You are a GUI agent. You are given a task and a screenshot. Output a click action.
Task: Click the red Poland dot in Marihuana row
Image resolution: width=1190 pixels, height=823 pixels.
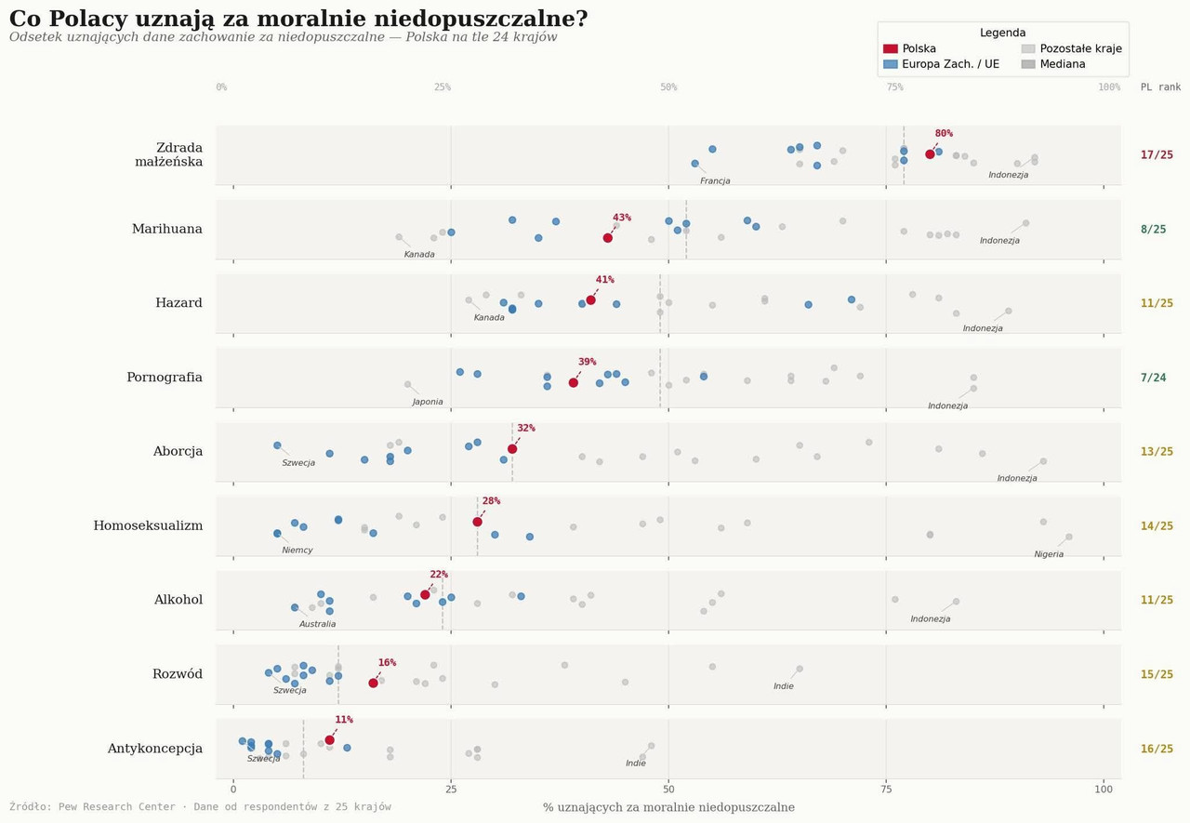(608, 237)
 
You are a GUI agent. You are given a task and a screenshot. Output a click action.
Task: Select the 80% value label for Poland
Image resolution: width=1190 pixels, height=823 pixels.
(944, 134)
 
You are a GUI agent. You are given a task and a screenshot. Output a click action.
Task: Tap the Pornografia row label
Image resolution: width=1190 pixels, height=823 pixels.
(165, 378)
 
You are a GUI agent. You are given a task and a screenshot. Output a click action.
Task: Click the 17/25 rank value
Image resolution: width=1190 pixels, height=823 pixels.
(1157, 155)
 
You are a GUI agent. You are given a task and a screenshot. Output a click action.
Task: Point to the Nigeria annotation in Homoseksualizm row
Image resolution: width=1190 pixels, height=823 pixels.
(1049, 554)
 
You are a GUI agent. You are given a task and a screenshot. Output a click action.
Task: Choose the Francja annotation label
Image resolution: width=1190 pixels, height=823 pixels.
(715, 181)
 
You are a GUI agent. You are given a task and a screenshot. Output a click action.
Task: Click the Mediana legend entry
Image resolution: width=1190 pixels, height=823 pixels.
(1063, 65)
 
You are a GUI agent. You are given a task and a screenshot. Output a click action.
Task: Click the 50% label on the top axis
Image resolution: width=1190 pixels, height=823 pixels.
(668, 87)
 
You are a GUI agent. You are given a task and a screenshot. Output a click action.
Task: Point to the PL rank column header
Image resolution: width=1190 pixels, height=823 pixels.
(1160, 87)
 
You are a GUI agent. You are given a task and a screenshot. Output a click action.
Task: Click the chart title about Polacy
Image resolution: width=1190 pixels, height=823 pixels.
(298, 19)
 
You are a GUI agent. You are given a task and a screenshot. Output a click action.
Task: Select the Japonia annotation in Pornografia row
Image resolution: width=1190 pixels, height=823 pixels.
(428, 402)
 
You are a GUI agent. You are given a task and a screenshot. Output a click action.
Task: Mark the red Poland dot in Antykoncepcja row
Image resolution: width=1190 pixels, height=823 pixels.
(329, 740)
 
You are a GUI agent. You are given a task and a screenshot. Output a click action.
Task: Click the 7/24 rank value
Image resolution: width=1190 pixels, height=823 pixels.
(1153, 378)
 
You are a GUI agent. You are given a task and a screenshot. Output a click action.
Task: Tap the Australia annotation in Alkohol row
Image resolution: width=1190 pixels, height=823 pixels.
(317, 624)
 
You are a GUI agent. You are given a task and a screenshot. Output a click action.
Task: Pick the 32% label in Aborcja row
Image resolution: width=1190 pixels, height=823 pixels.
(526, 429)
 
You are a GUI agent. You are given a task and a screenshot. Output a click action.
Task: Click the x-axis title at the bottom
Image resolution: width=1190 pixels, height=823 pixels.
(668, 807)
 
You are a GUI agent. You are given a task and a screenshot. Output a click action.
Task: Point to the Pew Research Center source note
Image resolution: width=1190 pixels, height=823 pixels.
(200, 807)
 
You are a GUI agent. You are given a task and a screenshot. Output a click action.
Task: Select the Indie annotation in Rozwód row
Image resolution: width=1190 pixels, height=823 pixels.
(784, 686)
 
